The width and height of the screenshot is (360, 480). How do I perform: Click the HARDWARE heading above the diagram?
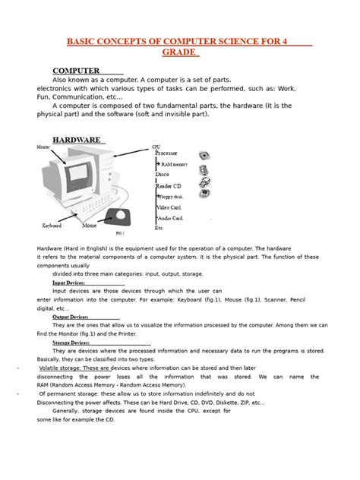(76, 140)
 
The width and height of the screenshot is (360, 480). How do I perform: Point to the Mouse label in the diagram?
(90, 226)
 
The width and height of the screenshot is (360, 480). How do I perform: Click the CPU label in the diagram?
(156, 146)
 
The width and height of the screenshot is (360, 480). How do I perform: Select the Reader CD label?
(168, 185)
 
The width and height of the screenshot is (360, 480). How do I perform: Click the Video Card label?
(169, 207)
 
